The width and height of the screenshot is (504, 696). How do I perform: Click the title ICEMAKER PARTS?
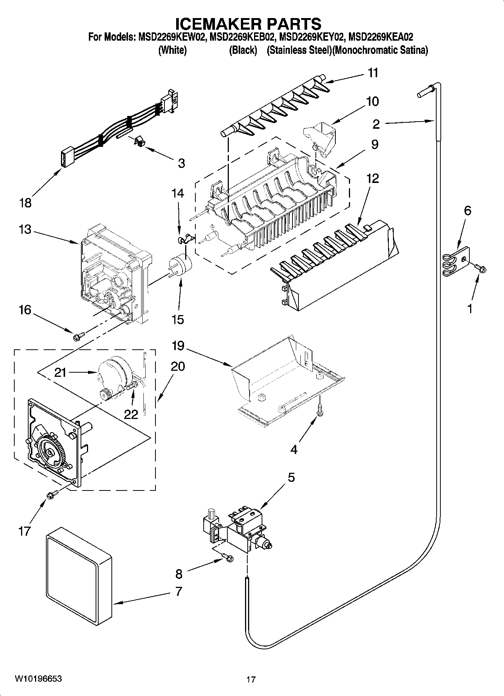248,24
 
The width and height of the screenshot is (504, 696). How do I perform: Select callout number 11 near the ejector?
373,73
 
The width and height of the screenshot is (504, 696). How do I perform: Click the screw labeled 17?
52,495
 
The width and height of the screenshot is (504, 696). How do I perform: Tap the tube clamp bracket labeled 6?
456,259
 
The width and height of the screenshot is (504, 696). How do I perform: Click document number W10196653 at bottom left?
38,679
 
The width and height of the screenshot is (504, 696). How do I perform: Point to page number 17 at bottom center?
251,679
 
